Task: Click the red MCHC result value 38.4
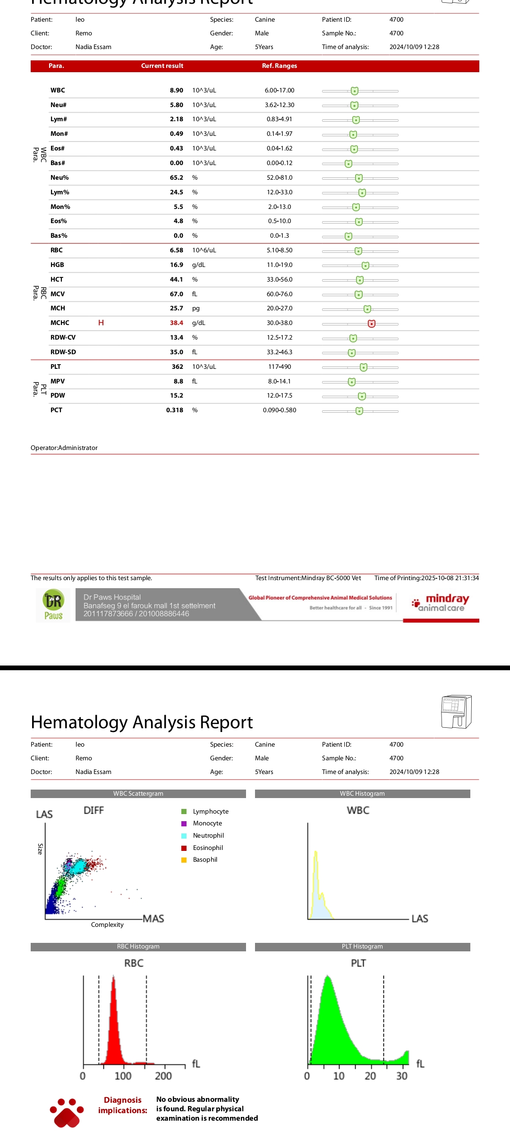pyautogui.click(x=177, y=323)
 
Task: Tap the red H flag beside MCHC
pyautogui.click(x=101, y=323)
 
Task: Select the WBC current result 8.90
pyautogui.click(x=177, y=91)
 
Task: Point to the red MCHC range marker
pyautogui.click(x=372, y=324)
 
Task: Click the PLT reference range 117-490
pyautogui.click(x=280, y=367)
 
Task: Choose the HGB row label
pyautogui.click(x=57, y=265)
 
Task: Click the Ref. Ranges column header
pyautogui.click(x=280, y=66)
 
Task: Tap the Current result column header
pyautogui.click(x=162, y=66)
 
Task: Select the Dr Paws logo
pyautogui.click(x=53, y=605)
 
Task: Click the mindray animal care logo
pyautogui.click(x=442, y=603)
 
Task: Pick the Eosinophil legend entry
pyautogui.click(x=208, y=848)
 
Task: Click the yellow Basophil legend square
pyautogui.click(x=184, y=860)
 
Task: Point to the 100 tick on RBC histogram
pyautogui.click(x=123, y=1076)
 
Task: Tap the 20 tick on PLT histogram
pyautogui.click(x=370, y=1076)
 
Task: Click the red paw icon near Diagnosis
pyautogui.click(x=67, y=1113)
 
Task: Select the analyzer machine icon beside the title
pyautogui.click(x=456, y=711)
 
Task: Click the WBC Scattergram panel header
pyautogui.click(x=138, y=794)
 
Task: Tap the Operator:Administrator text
pyautogui.click(x=64, y=448)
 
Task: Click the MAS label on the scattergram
pyautogui.click(x=153, y=919)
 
